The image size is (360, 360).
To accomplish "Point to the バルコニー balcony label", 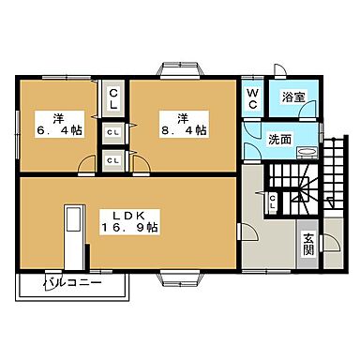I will pos(76,282).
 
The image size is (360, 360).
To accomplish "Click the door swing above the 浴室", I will pos(279,70).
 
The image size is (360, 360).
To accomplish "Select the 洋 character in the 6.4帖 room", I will pos(57,117).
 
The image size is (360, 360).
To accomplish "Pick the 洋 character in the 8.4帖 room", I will pos(185,117).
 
